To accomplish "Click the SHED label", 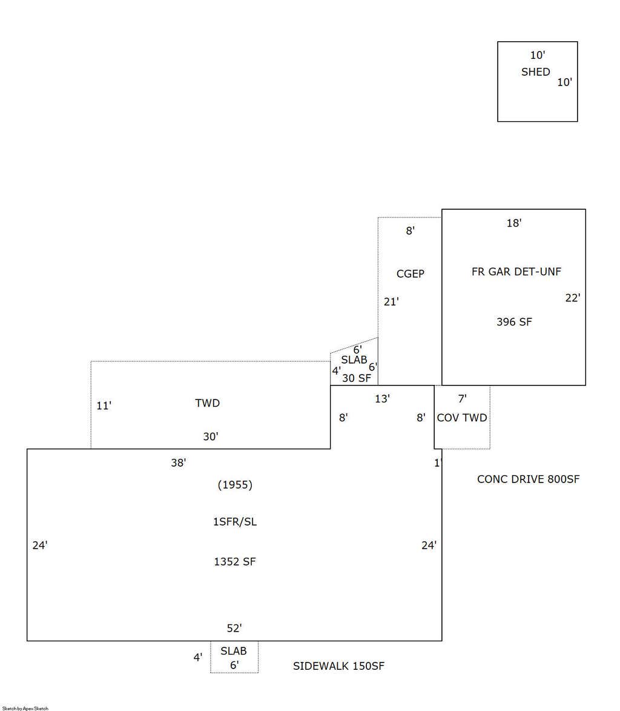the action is coord(535,72).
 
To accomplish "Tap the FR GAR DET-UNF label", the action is coord(516,272).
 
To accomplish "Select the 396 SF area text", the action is coord(514,322).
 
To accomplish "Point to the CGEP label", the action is coord(411,273).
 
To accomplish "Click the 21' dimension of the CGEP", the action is coord(391,301).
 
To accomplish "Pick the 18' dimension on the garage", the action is coord(514,222).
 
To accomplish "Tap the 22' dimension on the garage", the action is coord(572,298).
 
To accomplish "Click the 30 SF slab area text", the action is coord(357,378).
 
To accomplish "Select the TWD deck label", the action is coord(208,403).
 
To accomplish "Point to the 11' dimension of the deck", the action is coord(104,406).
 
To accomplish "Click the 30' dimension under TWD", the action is coord(211,436).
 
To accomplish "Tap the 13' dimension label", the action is coord(382,399).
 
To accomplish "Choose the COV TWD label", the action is coord(462,418).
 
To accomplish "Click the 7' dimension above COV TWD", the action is coord(462,399).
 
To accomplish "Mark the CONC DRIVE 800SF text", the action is coord(529,479).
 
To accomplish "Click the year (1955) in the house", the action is coord(235,485).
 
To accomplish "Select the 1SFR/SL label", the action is coord(234,522).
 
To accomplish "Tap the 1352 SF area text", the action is coord(234,562).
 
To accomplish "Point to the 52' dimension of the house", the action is coord(234,628).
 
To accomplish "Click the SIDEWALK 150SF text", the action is coord(338,666).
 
